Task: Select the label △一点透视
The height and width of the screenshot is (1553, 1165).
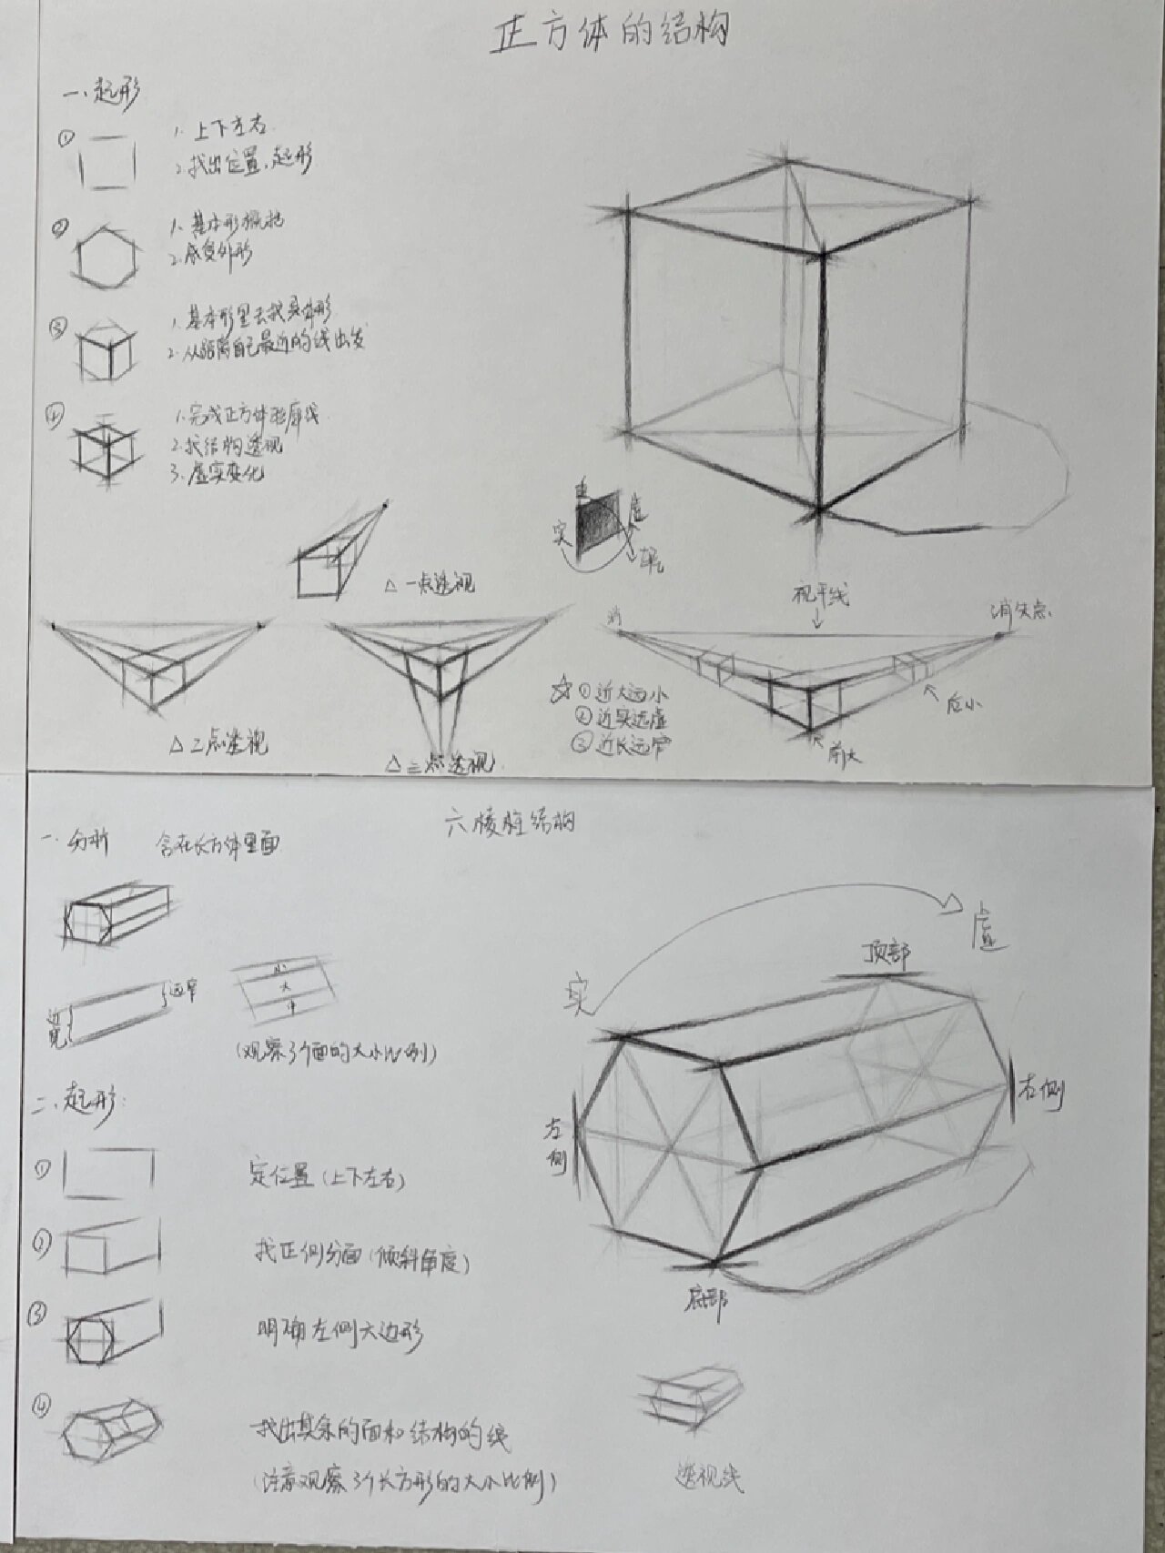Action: tap(429, 584)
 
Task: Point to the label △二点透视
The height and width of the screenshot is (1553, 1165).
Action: tap(219, 745)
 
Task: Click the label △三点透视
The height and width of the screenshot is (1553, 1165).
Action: tap(437, 761)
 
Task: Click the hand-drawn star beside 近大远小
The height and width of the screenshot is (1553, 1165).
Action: tap(559, 691)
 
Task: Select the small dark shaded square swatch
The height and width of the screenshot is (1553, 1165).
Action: tap(598, 522)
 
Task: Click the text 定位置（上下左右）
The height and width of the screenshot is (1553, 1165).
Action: tap(327, 1175)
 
